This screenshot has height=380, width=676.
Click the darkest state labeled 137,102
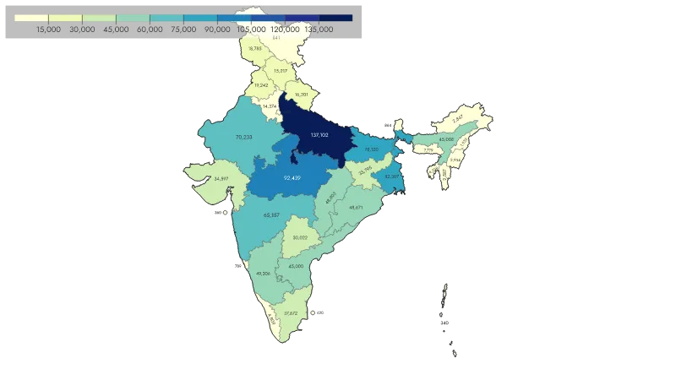click(319, 135)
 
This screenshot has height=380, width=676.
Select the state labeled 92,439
click(292, 178)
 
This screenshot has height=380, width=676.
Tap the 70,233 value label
click(244, 137)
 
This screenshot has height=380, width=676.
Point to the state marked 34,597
click(221, 179)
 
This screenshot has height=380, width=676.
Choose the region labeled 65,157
click(271, 215)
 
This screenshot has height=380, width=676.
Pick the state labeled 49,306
click(263, 273)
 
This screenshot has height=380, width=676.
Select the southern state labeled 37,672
click(291, 313)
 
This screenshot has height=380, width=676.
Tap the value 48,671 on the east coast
click(356, 207)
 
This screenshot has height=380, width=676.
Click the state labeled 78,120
click(371, 149)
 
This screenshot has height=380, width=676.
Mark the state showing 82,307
click(391, 176)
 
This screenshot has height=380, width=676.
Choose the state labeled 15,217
click(281, 71)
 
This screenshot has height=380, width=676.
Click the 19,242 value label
click(261, 85)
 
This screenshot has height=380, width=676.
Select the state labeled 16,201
click(302, 95)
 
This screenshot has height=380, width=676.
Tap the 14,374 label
click(270, 106)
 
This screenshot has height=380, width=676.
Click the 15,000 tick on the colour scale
click(49, 29)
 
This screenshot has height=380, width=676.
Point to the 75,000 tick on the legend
click(183, 29)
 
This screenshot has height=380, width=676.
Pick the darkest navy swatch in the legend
click(335, 17)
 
